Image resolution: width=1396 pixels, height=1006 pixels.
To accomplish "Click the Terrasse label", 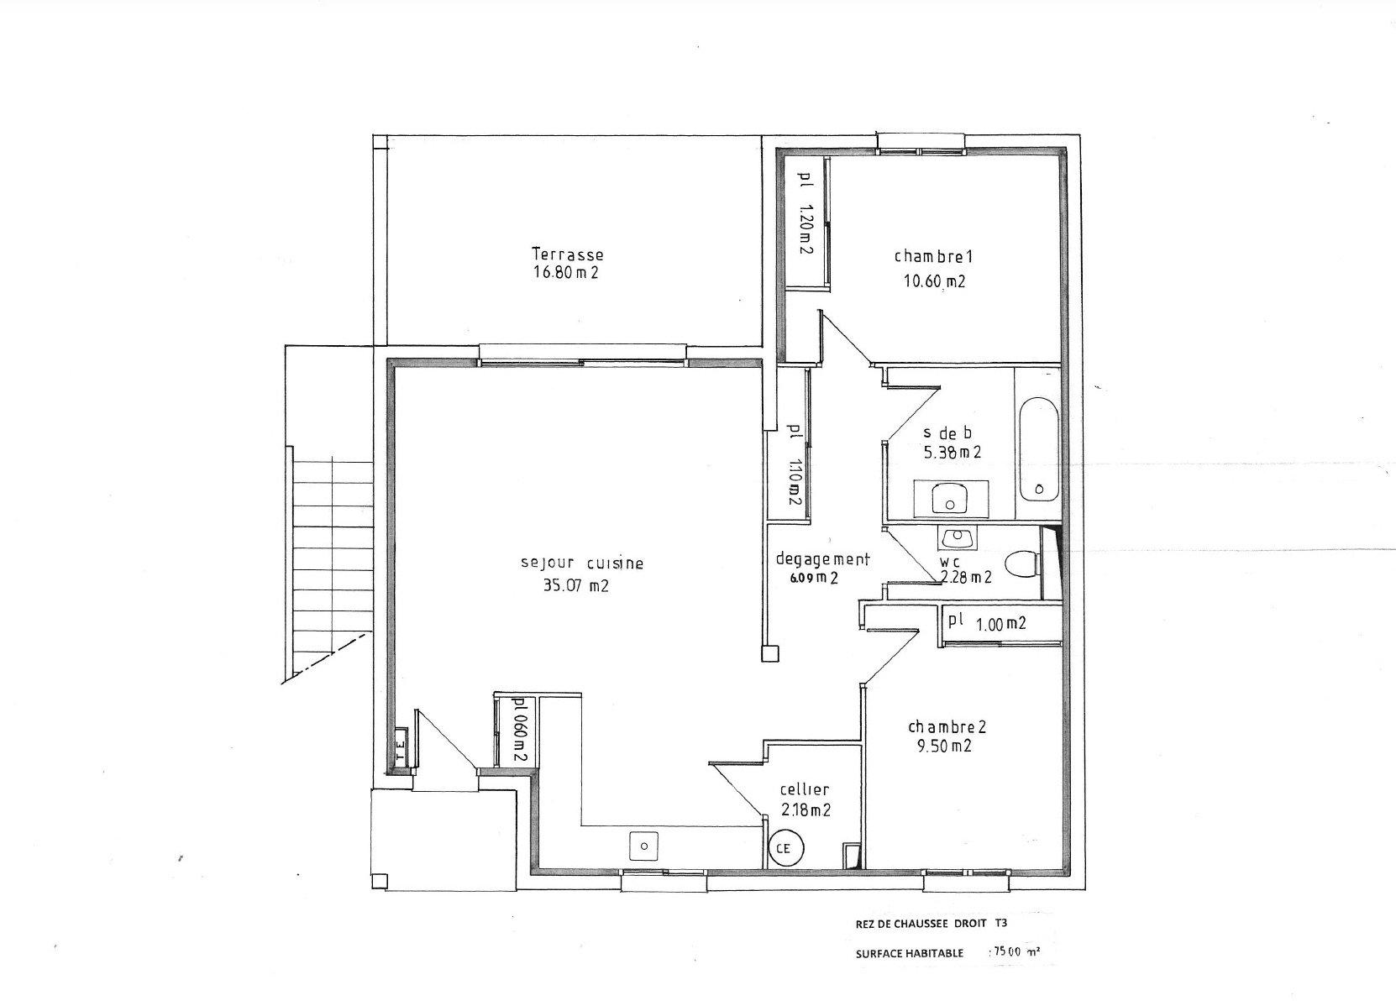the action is click(567, 254).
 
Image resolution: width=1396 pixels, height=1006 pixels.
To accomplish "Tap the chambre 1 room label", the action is click(933, 256).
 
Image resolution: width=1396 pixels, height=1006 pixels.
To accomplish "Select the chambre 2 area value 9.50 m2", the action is click(944, 746).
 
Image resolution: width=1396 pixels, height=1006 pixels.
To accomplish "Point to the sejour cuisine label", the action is click(582, 563).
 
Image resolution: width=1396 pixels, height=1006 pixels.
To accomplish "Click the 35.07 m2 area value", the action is click(576, 585).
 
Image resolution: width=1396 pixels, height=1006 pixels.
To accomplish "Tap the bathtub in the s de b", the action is click(1039, 448).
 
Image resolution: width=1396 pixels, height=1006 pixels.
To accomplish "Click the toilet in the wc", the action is click(1022, 563).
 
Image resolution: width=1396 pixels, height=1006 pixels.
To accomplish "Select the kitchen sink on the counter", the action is click(644, 846).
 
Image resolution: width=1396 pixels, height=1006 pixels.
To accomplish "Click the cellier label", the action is click(805, 790).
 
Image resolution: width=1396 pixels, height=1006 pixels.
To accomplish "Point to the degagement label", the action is click(822, 559).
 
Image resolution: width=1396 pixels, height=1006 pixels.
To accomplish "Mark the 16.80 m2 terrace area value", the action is click(566, 272).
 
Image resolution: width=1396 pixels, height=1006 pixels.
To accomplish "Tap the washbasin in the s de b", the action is click(950, 498).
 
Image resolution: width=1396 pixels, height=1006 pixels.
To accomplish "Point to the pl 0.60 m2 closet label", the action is click(517, 730).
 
